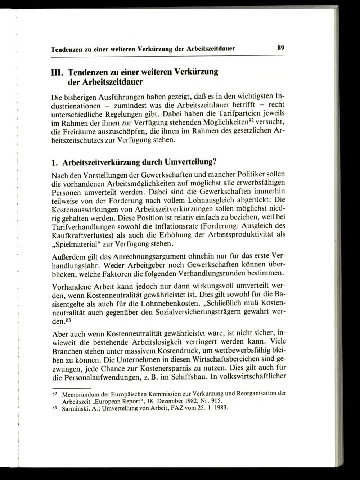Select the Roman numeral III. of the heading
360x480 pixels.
click(x=57, y=72)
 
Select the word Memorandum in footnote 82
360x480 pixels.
click(x=80, y=394)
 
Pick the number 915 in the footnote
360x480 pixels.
click(x=216, y=401)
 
